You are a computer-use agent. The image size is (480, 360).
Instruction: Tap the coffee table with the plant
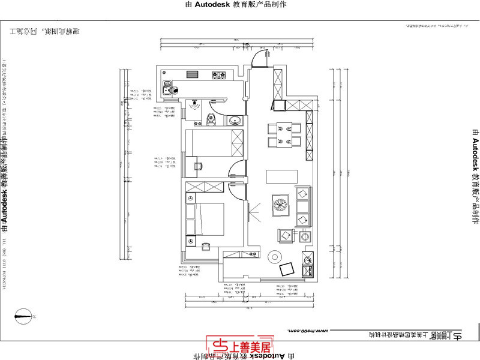tap(280, 203)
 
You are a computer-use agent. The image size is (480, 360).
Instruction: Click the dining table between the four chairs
tap(283, 134)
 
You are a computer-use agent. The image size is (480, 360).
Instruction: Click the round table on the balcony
tap(275, 256)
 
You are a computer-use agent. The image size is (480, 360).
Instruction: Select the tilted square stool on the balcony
tap(287, 269)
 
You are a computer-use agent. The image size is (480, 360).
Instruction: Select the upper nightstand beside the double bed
tap(191, 199)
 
